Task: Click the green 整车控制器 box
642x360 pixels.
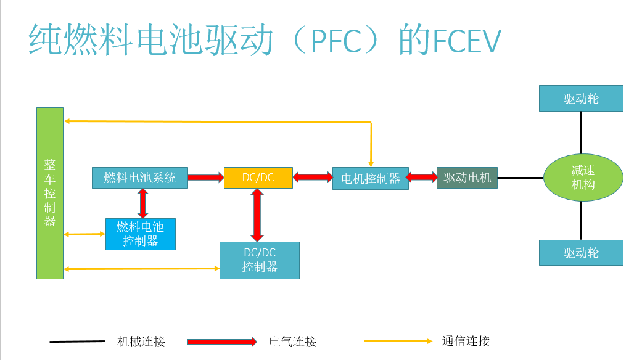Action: click(50, 193)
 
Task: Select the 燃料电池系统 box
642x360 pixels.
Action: click(139, 178)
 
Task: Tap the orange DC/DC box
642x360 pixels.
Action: click(258, 178)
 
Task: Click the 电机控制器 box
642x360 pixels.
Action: click(370, 178)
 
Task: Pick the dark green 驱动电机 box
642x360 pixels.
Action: click(467, 178)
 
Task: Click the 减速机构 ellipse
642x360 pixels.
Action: click(583, 178)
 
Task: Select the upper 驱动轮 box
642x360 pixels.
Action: click(581, 99)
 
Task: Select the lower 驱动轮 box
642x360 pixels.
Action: click(581, 253)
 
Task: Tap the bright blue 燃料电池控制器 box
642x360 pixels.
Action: click(141, 234)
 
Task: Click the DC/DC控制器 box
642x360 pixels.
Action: click(259, 260)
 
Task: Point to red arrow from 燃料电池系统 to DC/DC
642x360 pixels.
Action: click(205, 178)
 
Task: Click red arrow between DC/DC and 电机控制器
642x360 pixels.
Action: click(313, 178)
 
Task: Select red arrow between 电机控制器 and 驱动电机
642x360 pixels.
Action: click(422, 178)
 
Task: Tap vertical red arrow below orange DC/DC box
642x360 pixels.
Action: click(257, 215)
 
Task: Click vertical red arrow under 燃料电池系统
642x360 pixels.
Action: click(142, 203)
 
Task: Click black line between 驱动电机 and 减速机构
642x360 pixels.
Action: click(520, 178)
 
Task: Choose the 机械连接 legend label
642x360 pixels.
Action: click(141, 342)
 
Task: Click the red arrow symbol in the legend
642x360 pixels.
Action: click(222, 342)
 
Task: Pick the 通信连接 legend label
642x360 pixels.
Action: click(466, 341)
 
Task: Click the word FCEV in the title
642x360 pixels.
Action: click(466, 41)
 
